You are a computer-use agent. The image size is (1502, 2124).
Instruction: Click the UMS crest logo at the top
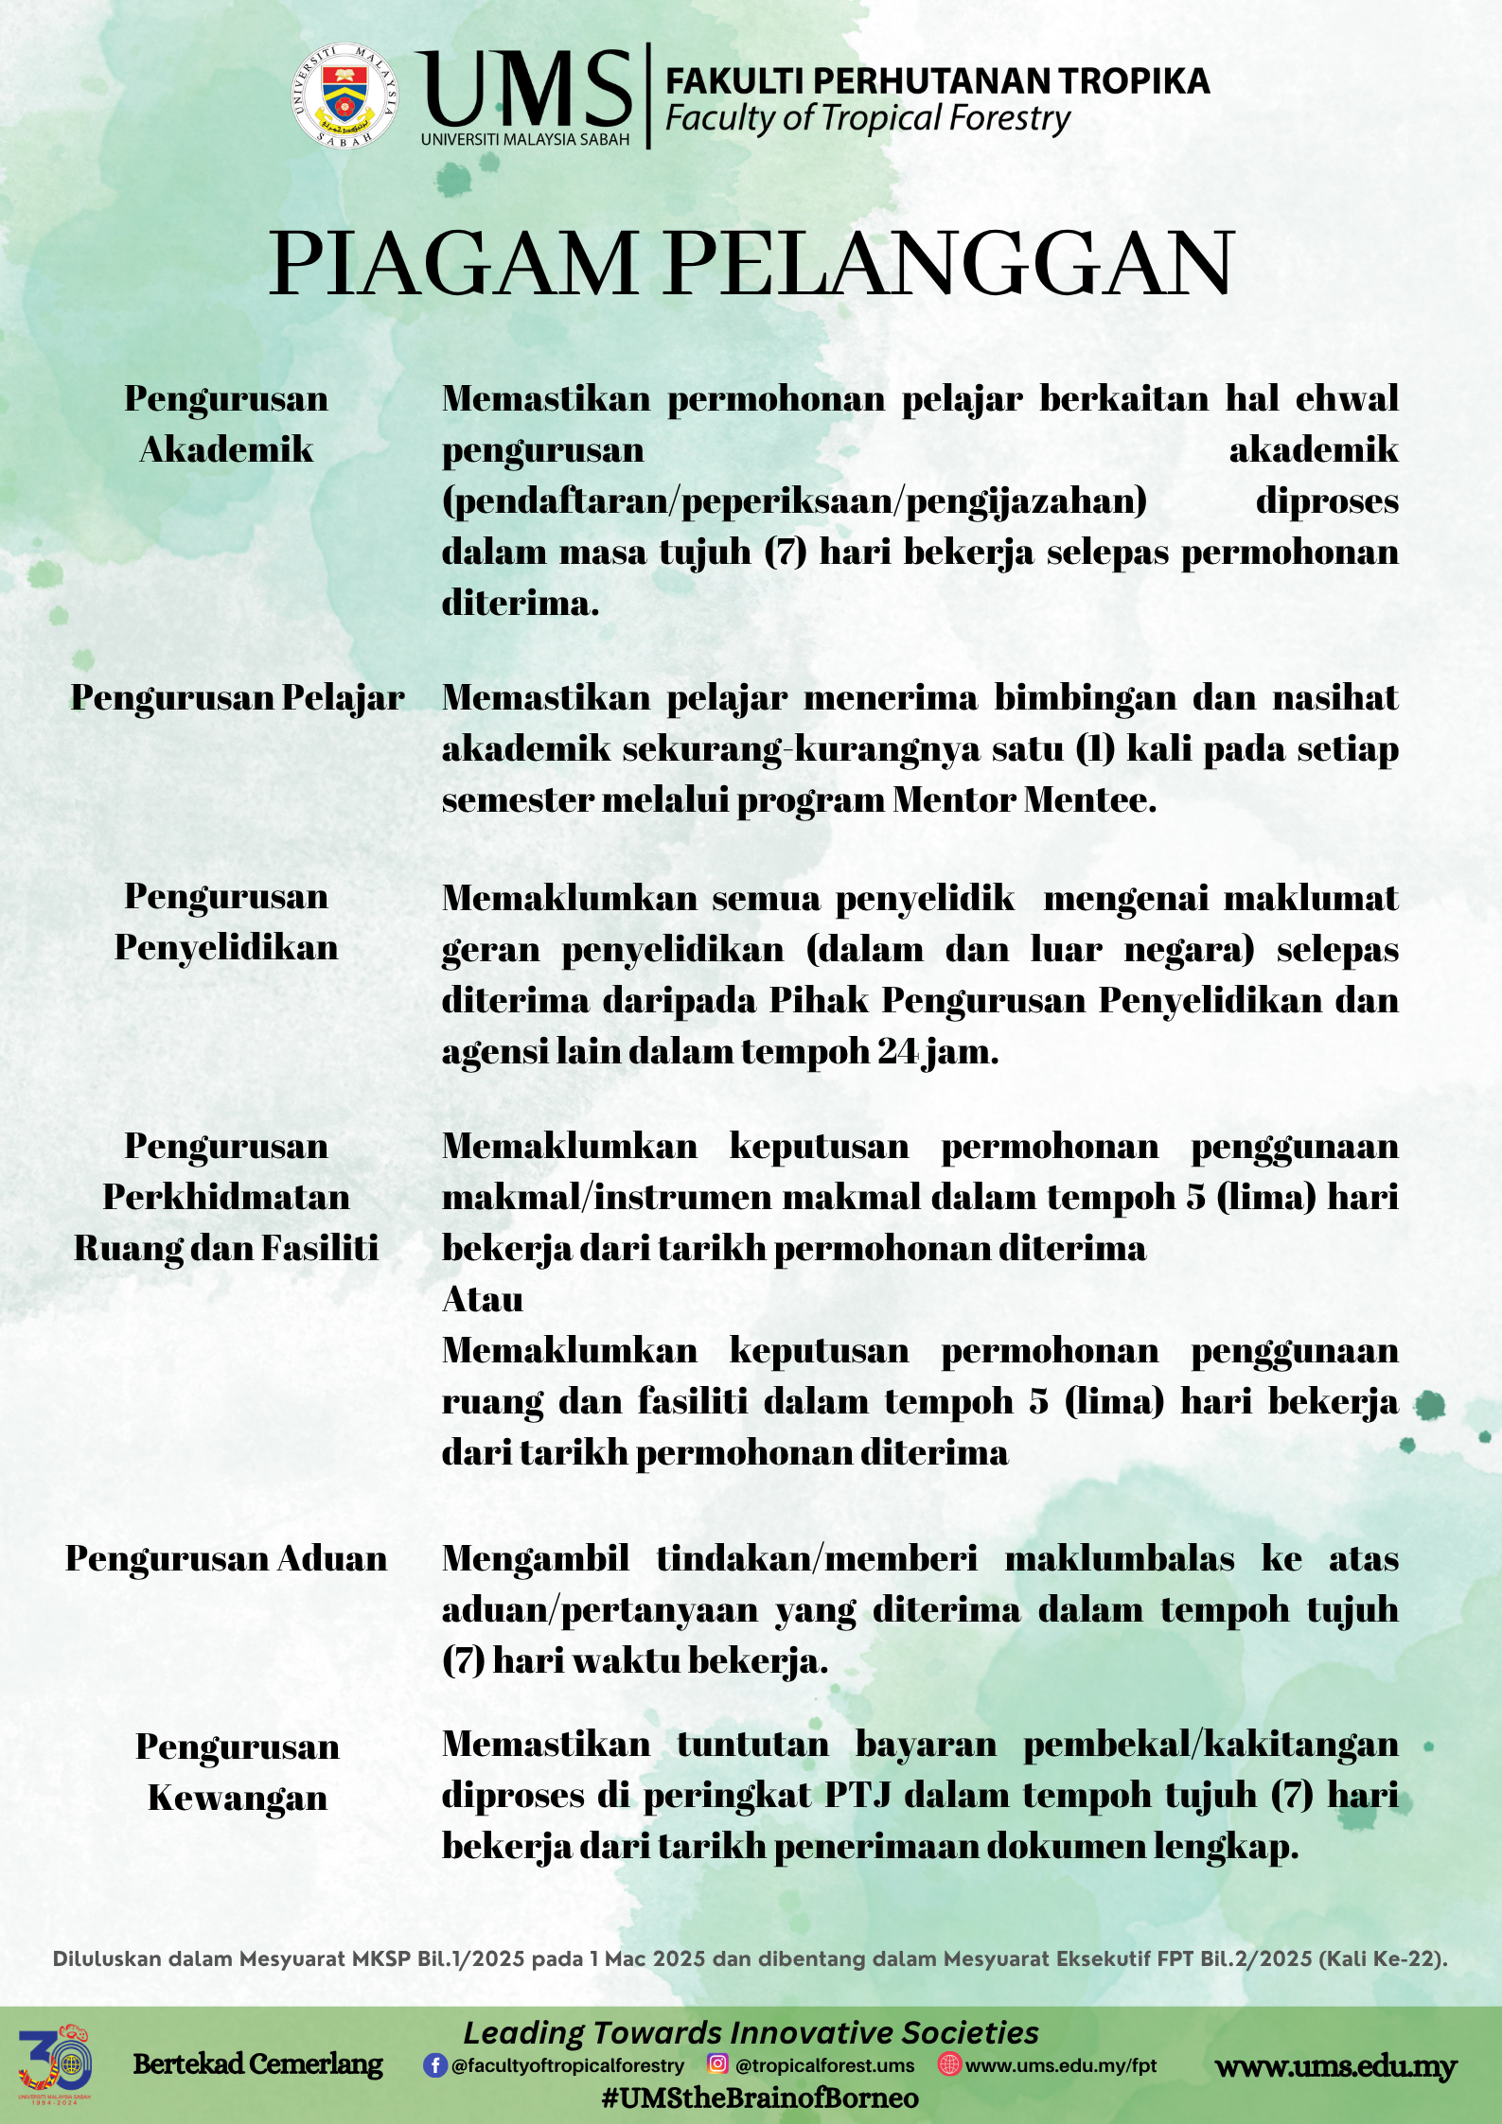point(345,96)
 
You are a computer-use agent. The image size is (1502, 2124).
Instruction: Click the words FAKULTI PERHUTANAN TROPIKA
point(937,81)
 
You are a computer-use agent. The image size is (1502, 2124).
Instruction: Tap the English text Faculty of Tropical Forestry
point(867,119)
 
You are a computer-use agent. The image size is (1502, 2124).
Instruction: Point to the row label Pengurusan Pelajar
point(238,698)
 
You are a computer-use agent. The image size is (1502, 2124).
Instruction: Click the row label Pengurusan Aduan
point(226,1559)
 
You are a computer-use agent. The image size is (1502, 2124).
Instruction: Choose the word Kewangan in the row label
point(238,1798)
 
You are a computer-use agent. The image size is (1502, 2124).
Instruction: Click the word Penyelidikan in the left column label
point(226,947)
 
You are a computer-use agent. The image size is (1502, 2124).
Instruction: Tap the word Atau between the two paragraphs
point(483,1300)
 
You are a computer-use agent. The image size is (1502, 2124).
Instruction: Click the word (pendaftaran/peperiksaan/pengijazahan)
point(794,500)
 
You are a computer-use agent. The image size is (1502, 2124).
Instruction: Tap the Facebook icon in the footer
point(434,2065)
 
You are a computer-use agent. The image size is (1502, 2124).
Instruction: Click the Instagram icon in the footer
point(718,2064)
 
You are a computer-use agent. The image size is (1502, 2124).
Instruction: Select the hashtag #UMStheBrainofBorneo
point(760,2098)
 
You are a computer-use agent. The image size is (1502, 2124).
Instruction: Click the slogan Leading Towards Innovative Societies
point(751,2032)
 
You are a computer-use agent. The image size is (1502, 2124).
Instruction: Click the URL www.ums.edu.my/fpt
point(1060,2065)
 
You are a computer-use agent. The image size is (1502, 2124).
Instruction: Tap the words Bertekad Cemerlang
point(257,2064)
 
